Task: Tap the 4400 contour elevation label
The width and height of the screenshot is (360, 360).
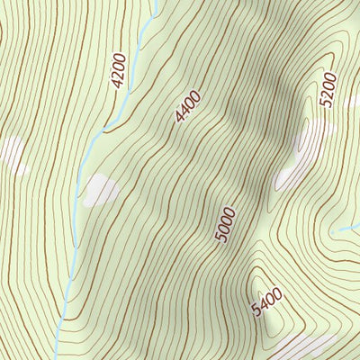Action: click(188, 106)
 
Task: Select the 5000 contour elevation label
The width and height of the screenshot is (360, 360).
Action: click(225, 224)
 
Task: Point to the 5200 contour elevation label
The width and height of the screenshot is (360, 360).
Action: click(327, 89)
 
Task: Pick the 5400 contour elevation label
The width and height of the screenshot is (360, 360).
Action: click(267, 301)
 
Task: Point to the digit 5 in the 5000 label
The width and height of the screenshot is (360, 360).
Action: click(220, 238)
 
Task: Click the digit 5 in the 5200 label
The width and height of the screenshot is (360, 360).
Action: click(324, 103)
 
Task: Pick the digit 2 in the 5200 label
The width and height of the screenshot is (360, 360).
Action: click(326, 94)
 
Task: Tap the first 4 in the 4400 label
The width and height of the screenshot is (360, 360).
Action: click(179, 118)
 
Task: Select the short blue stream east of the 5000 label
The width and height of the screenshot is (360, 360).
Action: click(345, 230)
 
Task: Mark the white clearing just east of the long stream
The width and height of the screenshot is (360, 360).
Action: click(100, 190)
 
